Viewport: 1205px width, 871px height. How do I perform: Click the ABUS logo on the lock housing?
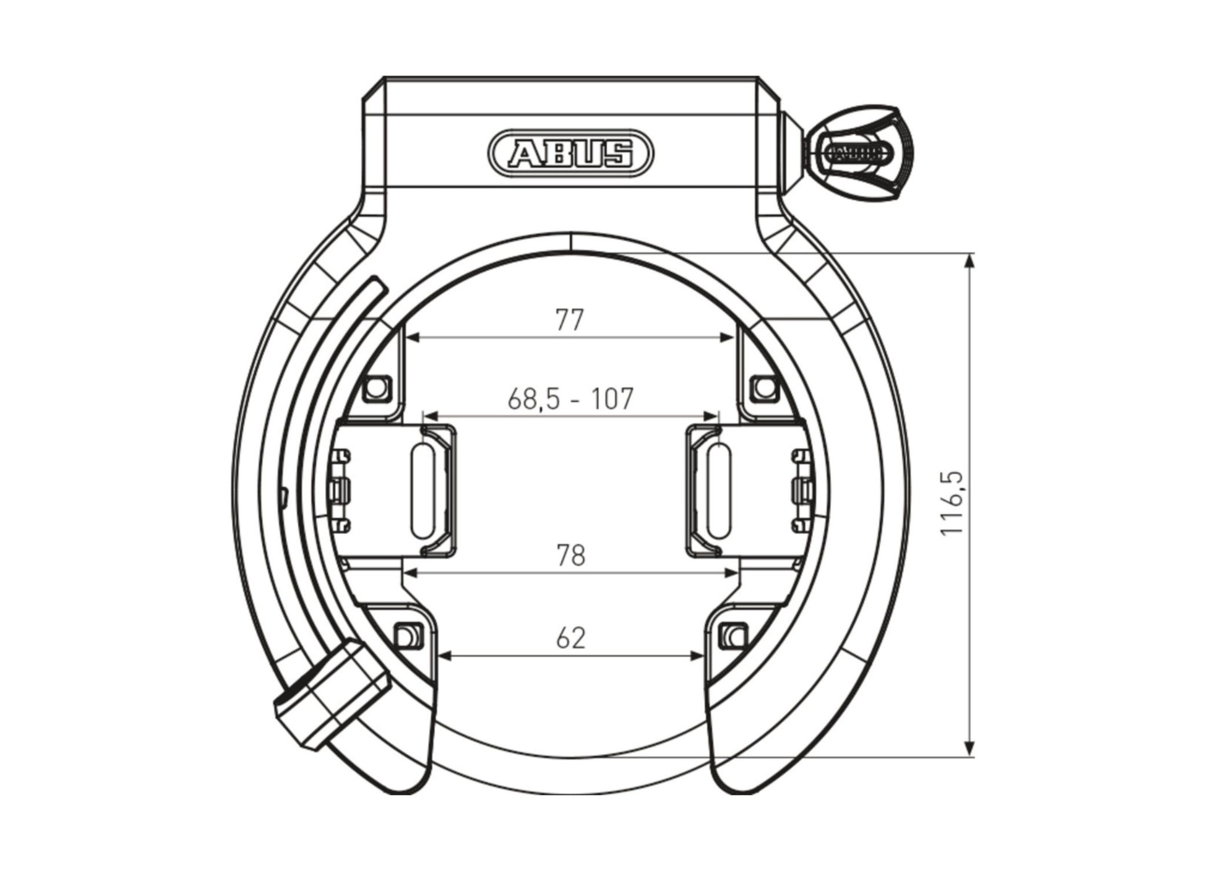coord(571,154)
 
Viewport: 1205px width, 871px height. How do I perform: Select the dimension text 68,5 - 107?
coord(571,399)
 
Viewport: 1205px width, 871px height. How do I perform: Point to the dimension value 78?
coord(571,555)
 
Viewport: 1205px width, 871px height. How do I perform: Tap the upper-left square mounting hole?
coord(376,387)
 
